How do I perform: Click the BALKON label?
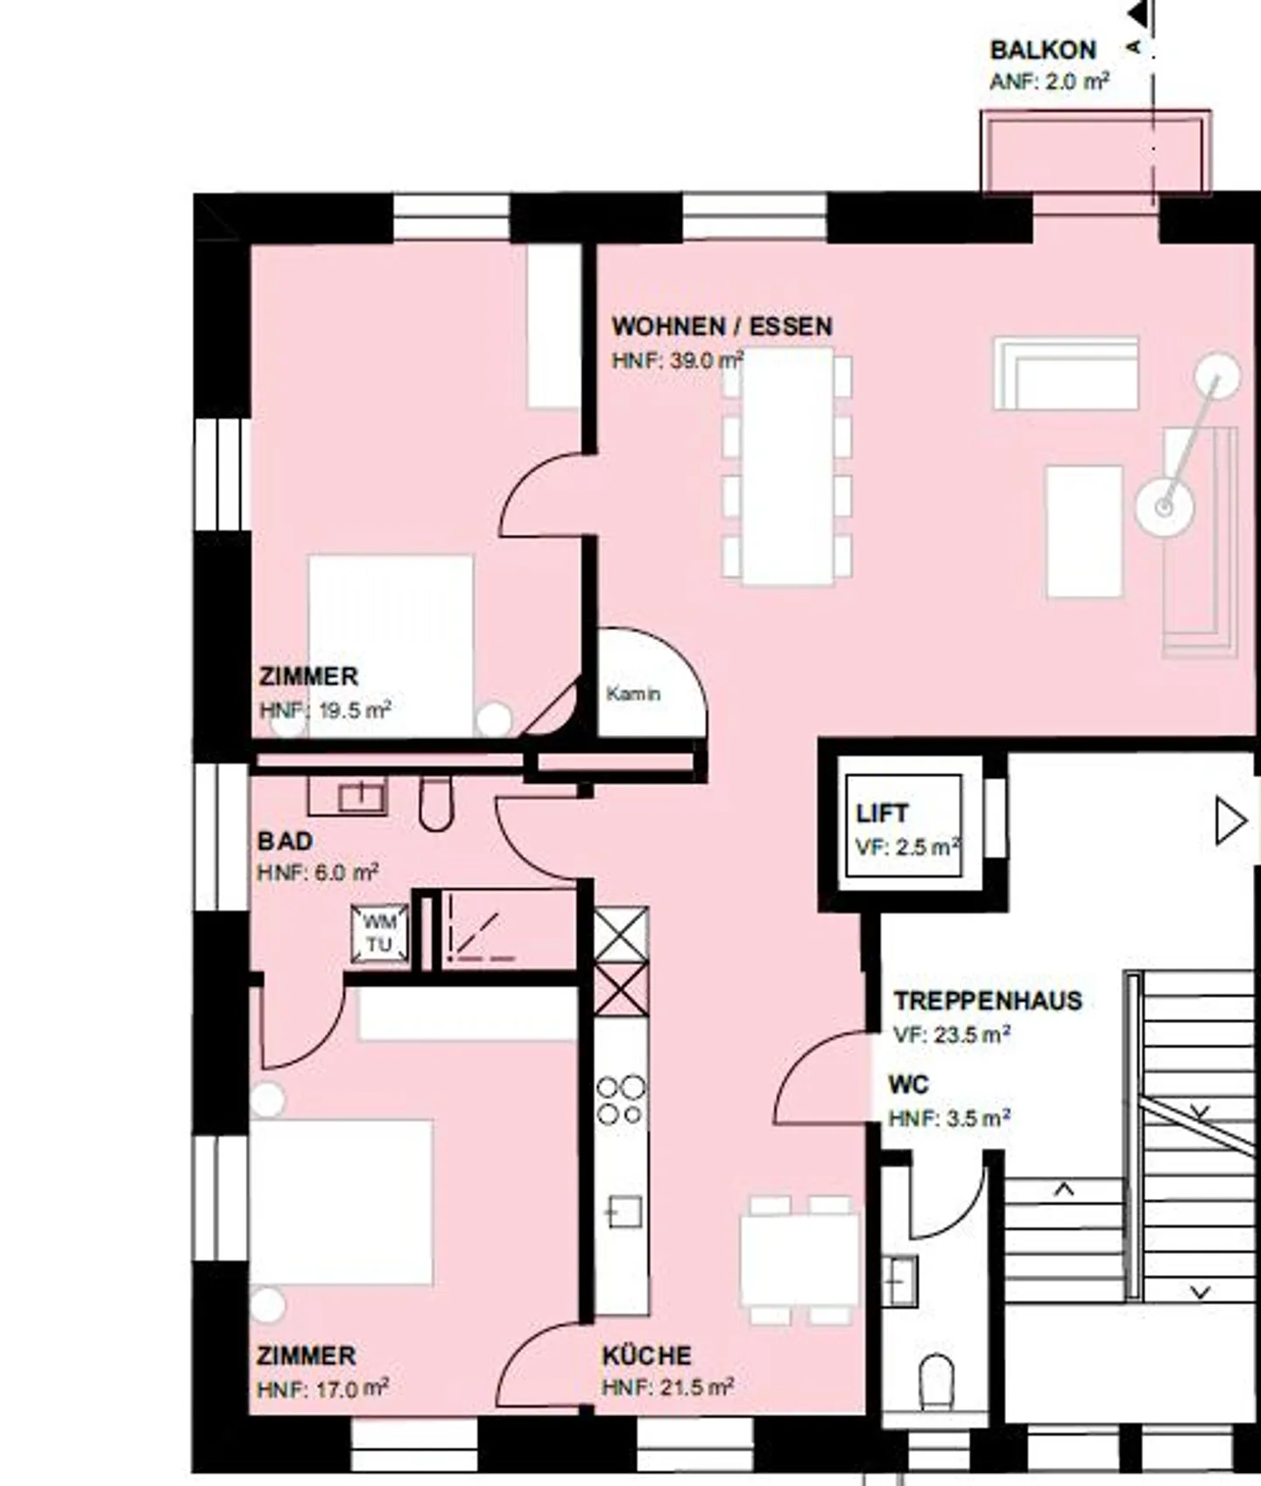[1042, 50]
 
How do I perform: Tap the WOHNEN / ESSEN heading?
[722, 326]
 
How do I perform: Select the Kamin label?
[633, 694]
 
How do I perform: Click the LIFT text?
[882, 813]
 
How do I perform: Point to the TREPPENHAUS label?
[988, 1000]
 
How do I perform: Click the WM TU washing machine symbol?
[379, 934]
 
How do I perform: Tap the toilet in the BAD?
[435, 803]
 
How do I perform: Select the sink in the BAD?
[362, 797]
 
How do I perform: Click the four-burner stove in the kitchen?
[621, 1100]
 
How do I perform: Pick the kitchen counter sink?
[623, 1213]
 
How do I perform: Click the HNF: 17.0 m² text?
[322, 1389]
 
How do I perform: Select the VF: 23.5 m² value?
[951, 1034]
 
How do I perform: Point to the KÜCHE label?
[646, 1356]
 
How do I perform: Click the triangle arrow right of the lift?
[1230, 822]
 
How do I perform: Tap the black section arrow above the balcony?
[1138, 14]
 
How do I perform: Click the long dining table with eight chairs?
[786, 466]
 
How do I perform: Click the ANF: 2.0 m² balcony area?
[1049, 82]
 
